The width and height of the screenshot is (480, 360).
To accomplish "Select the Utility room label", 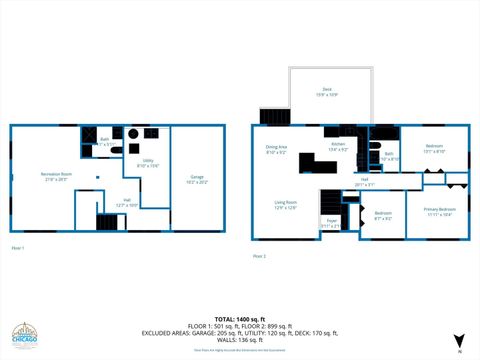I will coord(146,163).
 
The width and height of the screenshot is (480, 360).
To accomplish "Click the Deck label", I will coord(327,92).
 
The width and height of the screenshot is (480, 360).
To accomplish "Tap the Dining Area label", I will coord(277,150).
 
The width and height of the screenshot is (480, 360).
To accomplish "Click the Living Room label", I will coord(286,204).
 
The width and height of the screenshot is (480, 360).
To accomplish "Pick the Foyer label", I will coord(331,223).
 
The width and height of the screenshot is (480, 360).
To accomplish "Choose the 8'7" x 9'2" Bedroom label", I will coord(383,215).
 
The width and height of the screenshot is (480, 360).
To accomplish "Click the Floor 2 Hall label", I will coord(366,182).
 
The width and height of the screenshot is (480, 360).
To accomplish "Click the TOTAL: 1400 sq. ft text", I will coord(239,319).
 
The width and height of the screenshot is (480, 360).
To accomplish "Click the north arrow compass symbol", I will coord(459,340).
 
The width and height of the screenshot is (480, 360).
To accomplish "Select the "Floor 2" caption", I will coord(258,256).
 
